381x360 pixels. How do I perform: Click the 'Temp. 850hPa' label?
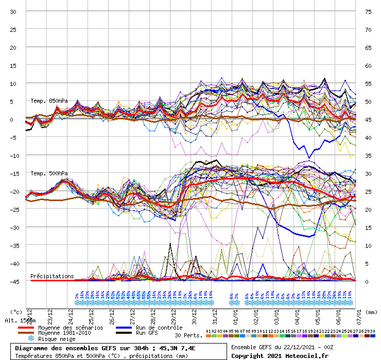point(49,101)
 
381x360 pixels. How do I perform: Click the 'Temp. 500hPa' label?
point(49,173)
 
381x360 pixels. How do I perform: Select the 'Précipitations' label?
point(52,276)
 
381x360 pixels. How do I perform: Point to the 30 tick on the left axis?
point(13,11)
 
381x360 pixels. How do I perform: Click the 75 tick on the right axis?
point(369,11)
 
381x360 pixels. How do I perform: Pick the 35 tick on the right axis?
point(369,155)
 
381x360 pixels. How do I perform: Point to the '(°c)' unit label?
point(16,312)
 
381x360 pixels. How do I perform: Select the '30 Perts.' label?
point(188,335)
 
